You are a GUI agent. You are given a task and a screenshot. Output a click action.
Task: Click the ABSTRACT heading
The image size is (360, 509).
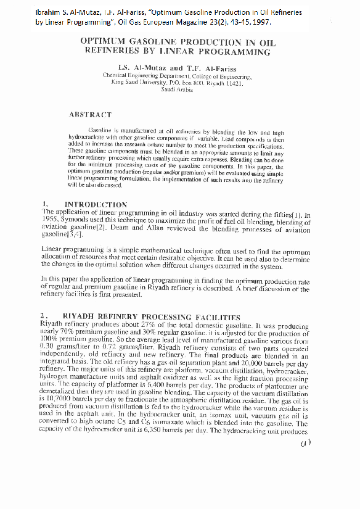(90, 114)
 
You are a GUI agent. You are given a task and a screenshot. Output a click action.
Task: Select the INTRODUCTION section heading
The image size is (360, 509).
(96, 204)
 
